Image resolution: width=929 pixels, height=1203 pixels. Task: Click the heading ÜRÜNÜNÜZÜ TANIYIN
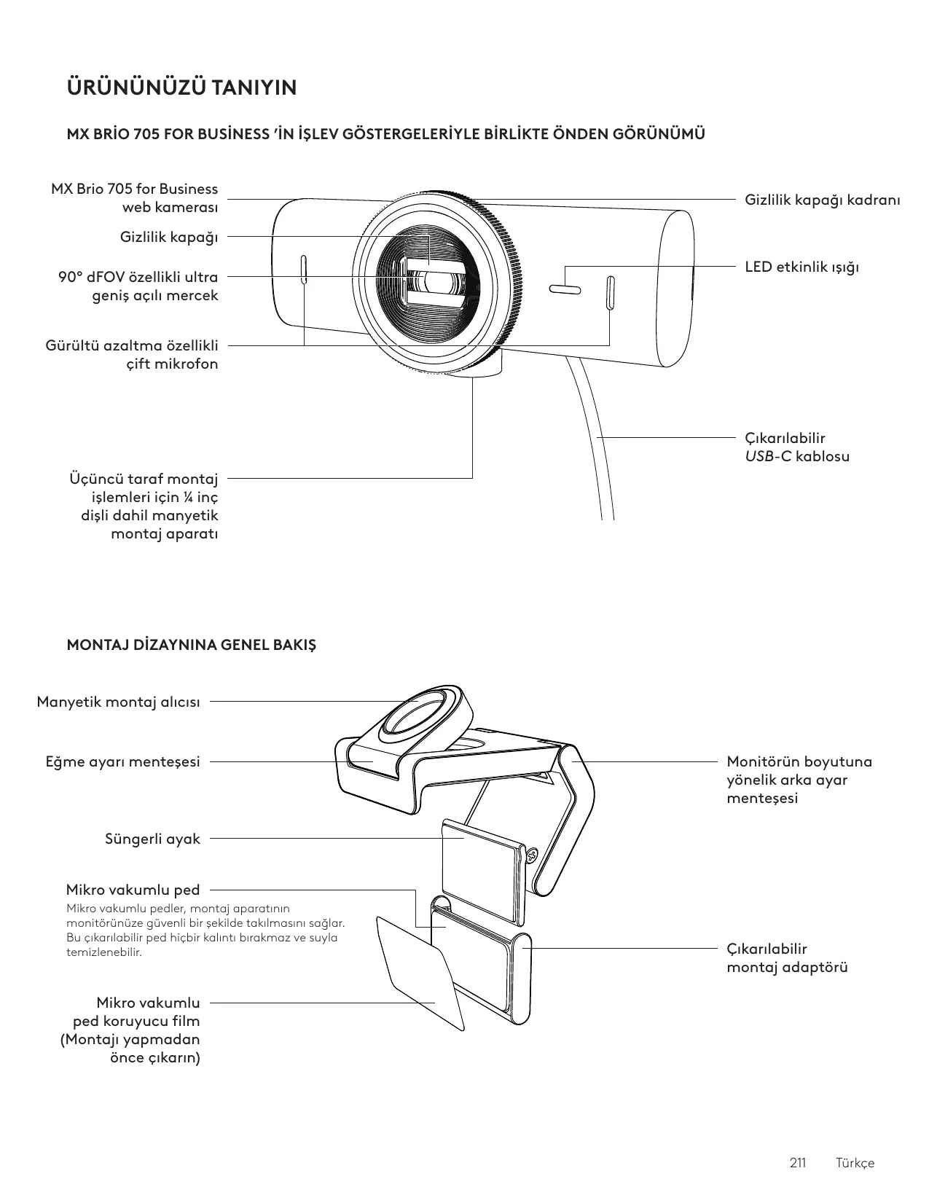click(x=181, y=88)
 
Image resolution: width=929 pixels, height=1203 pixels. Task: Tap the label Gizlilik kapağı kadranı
click(x=822, y=199)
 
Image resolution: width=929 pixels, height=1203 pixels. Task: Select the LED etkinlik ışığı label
click(x=801, y=267)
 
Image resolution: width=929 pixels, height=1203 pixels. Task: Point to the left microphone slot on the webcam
click(x=304, y=270)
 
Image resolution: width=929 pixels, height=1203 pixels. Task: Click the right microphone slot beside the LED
click(x=610, y=291)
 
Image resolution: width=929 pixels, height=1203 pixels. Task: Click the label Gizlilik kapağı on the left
click(x=169, y=237)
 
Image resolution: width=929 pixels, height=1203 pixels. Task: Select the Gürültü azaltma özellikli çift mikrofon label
click(x=132, y=354)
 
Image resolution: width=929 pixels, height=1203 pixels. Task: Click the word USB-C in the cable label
click(x=767, y=457)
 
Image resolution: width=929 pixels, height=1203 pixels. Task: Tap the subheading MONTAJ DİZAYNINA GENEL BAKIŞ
click(x=192, y=646)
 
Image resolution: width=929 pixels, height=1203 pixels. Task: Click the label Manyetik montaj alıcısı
click(x=118, y=702)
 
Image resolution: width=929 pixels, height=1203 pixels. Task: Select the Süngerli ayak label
click(x=152, y=839)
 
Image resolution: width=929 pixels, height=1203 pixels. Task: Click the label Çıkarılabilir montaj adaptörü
click(x=787, y=958)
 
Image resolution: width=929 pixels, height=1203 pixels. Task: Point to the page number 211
click(x=798, y=1162)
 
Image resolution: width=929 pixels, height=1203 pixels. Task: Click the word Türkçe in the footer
click(x=855, y=1162)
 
